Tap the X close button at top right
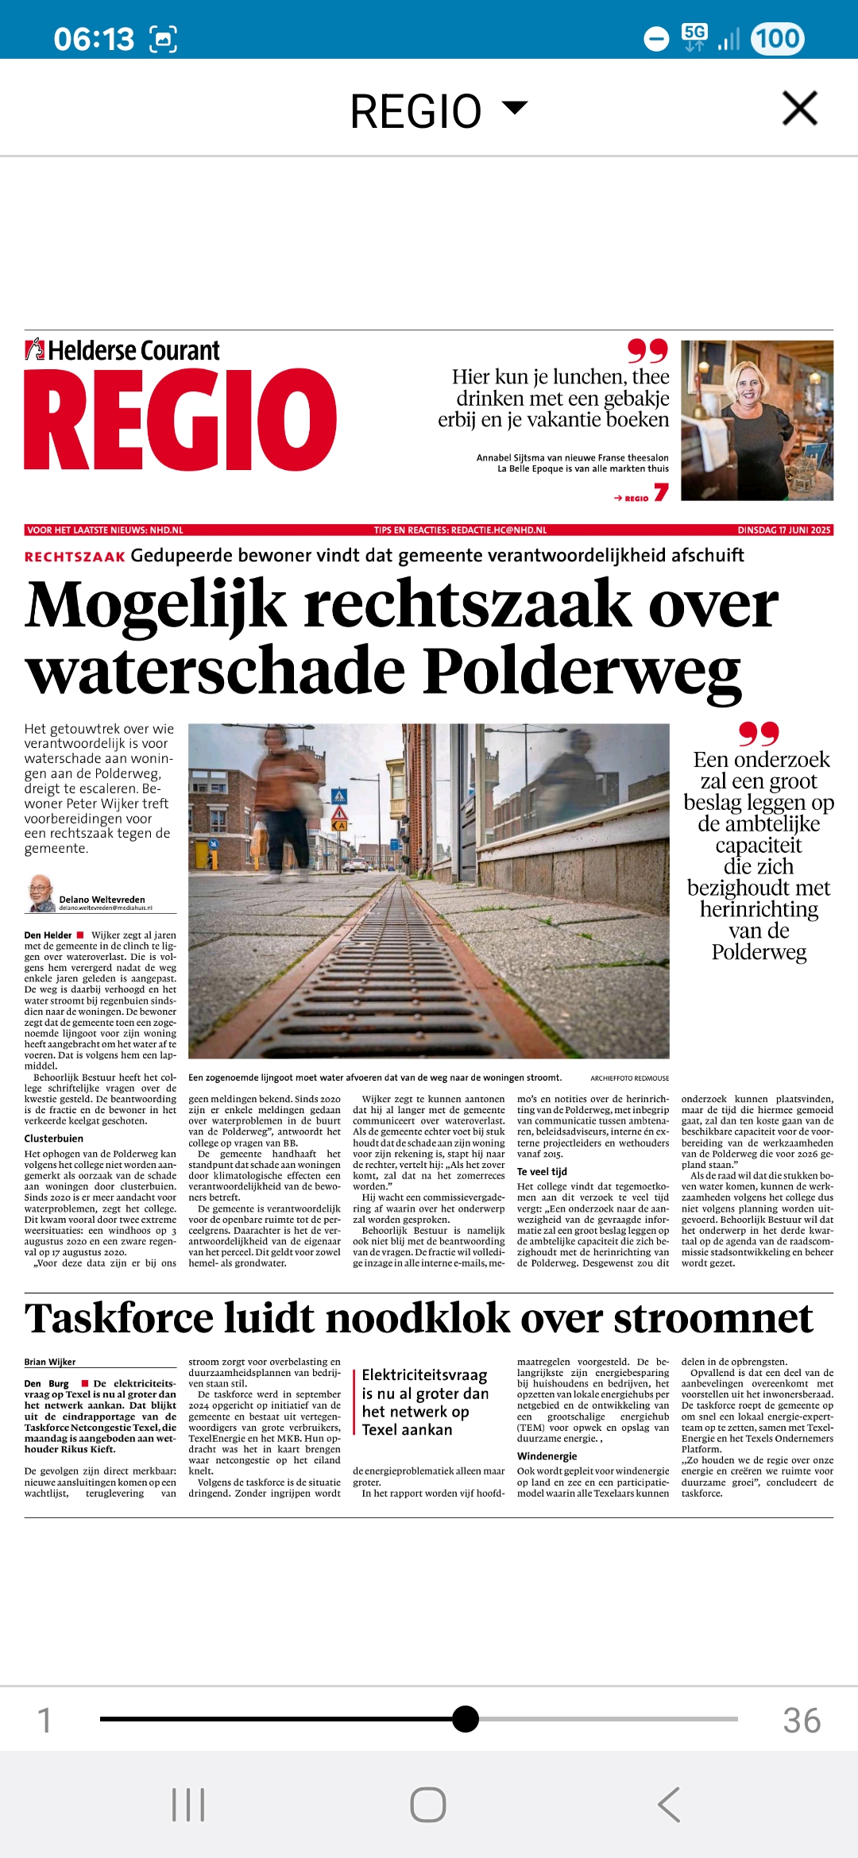[799, 108]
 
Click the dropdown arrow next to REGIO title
[516, 107]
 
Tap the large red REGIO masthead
[180, 418]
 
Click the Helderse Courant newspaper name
[133, 350]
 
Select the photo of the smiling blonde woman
[756, 420]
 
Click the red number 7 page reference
[661, 493]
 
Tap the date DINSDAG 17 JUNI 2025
[783, 530]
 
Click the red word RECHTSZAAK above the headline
[75, 557]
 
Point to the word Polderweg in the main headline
[582, 672]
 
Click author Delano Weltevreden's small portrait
[40, 892]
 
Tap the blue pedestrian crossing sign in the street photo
[339, 795]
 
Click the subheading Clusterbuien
[54, 1138]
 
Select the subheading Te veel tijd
[542, 1171]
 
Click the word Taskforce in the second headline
[119, 1319]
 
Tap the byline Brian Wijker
[50, 1362]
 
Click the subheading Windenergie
[547, 1455]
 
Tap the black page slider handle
[466, 1718]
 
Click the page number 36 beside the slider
[801, 1720]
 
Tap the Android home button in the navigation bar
[428, 1805]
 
